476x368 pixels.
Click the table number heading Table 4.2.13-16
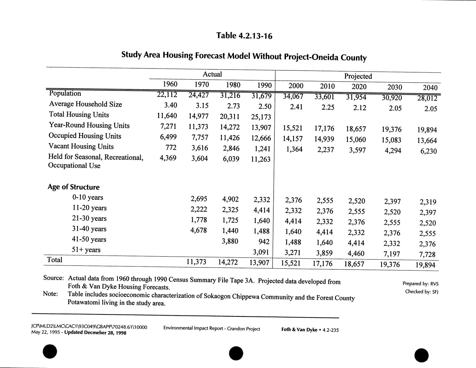click(x=244, y=35)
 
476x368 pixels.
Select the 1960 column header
click(x=170, y=84)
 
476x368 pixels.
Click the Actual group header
click(x=212, y=74)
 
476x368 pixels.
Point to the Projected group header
click(x=358, y=76)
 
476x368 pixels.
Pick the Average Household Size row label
click(x=85, y=104)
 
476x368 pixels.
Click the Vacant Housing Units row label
click(x=81, y=146)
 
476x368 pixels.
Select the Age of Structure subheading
click(x=74, y=187)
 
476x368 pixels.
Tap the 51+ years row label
click(x=86, y=250)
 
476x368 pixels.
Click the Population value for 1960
click(x=167, y=95)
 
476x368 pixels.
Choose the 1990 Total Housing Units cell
click(x=261, y=117)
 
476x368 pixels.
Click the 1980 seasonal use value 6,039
click(x=231, y=159)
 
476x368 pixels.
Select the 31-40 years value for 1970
click(x=199, y=230)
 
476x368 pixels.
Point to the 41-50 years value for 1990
click(x=264, y=242)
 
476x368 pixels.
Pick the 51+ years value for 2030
click(x=392, y=254)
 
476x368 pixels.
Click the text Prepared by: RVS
click(x=420, y=284)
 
